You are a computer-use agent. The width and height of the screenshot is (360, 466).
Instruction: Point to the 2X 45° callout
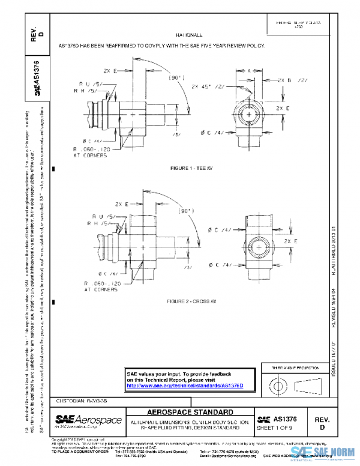204,86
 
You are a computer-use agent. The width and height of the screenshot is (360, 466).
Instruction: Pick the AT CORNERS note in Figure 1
92,154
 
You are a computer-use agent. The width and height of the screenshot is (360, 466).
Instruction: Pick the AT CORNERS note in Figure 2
92,289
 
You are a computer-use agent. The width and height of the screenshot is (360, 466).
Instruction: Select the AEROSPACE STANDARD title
190,413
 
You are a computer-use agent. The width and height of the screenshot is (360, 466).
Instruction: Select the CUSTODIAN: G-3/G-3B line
82,399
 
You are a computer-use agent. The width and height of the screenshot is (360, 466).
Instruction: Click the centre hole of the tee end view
247,114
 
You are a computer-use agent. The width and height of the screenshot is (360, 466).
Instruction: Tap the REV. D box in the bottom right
322,423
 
